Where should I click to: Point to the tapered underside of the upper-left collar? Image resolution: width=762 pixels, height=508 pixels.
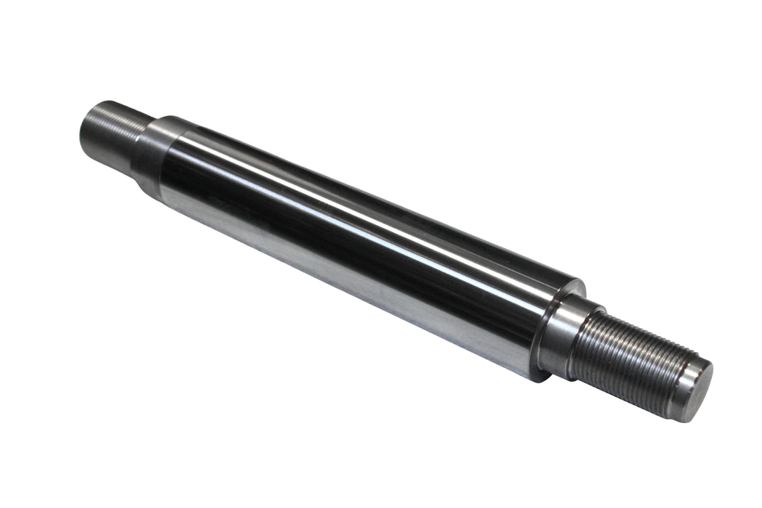point(145,181)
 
